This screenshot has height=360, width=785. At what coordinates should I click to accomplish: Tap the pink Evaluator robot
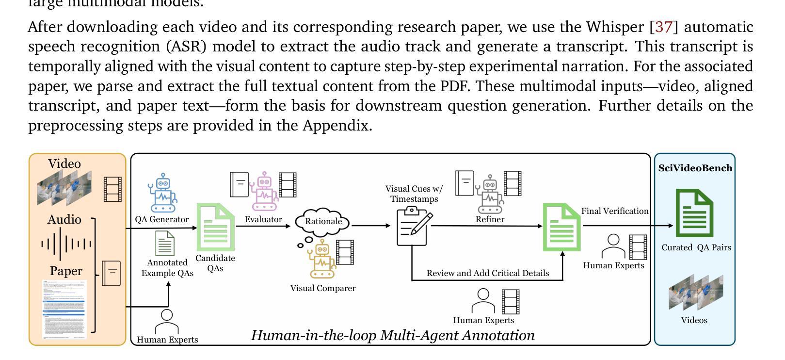(264, 191)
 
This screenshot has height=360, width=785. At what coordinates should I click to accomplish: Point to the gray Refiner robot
(490, 195)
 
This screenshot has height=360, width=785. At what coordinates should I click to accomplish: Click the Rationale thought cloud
(323, 222)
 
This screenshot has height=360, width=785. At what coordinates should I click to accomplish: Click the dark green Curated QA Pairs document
(694, 213)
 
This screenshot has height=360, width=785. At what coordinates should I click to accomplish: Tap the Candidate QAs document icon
(215, 227)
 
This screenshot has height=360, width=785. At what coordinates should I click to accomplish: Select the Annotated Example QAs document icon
(165, 244)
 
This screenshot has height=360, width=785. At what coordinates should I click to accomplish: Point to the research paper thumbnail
(64, 309)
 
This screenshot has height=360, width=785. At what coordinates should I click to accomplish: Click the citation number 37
(663, 27)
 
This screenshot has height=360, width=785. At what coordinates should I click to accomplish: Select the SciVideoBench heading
(695, 168)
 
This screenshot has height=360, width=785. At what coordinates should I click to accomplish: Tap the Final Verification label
(614, 211)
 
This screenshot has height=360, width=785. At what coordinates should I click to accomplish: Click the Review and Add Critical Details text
(487, 273)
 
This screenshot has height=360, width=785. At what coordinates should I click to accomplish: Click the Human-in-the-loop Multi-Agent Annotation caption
(392, 335)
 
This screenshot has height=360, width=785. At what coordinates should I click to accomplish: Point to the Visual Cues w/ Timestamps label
(414, 194)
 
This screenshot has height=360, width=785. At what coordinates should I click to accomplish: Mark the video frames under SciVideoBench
(695, 292)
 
